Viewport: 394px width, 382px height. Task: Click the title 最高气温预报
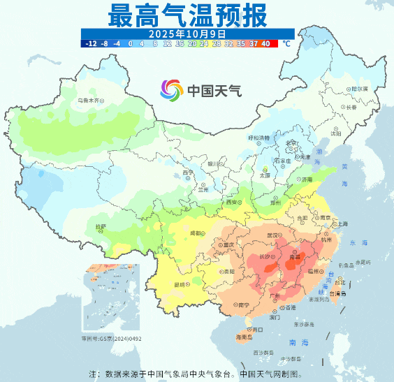point(187,14)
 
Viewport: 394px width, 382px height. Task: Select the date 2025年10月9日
point(187,33)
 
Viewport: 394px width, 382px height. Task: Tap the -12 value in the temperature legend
point(91,43)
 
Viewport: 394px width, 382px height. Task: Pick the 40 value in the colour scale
point(265,43)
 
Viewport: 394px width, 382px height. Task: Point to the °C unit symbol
point(286,43)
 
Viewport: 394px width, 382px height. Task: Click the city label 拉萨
point(101,227)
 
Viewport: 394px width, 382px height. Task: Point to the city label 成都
point(198,233)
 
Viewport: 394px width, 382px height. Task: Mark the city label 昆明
point(180,285)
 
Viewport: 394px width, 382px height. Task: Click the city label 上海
point(342,224)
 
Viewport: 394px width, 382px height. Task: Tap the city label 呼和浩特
point(258,138)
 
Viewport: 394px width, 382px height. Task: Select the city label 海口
point(257,328)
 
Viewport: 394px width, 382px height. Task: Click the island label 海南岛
point(242,337)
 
